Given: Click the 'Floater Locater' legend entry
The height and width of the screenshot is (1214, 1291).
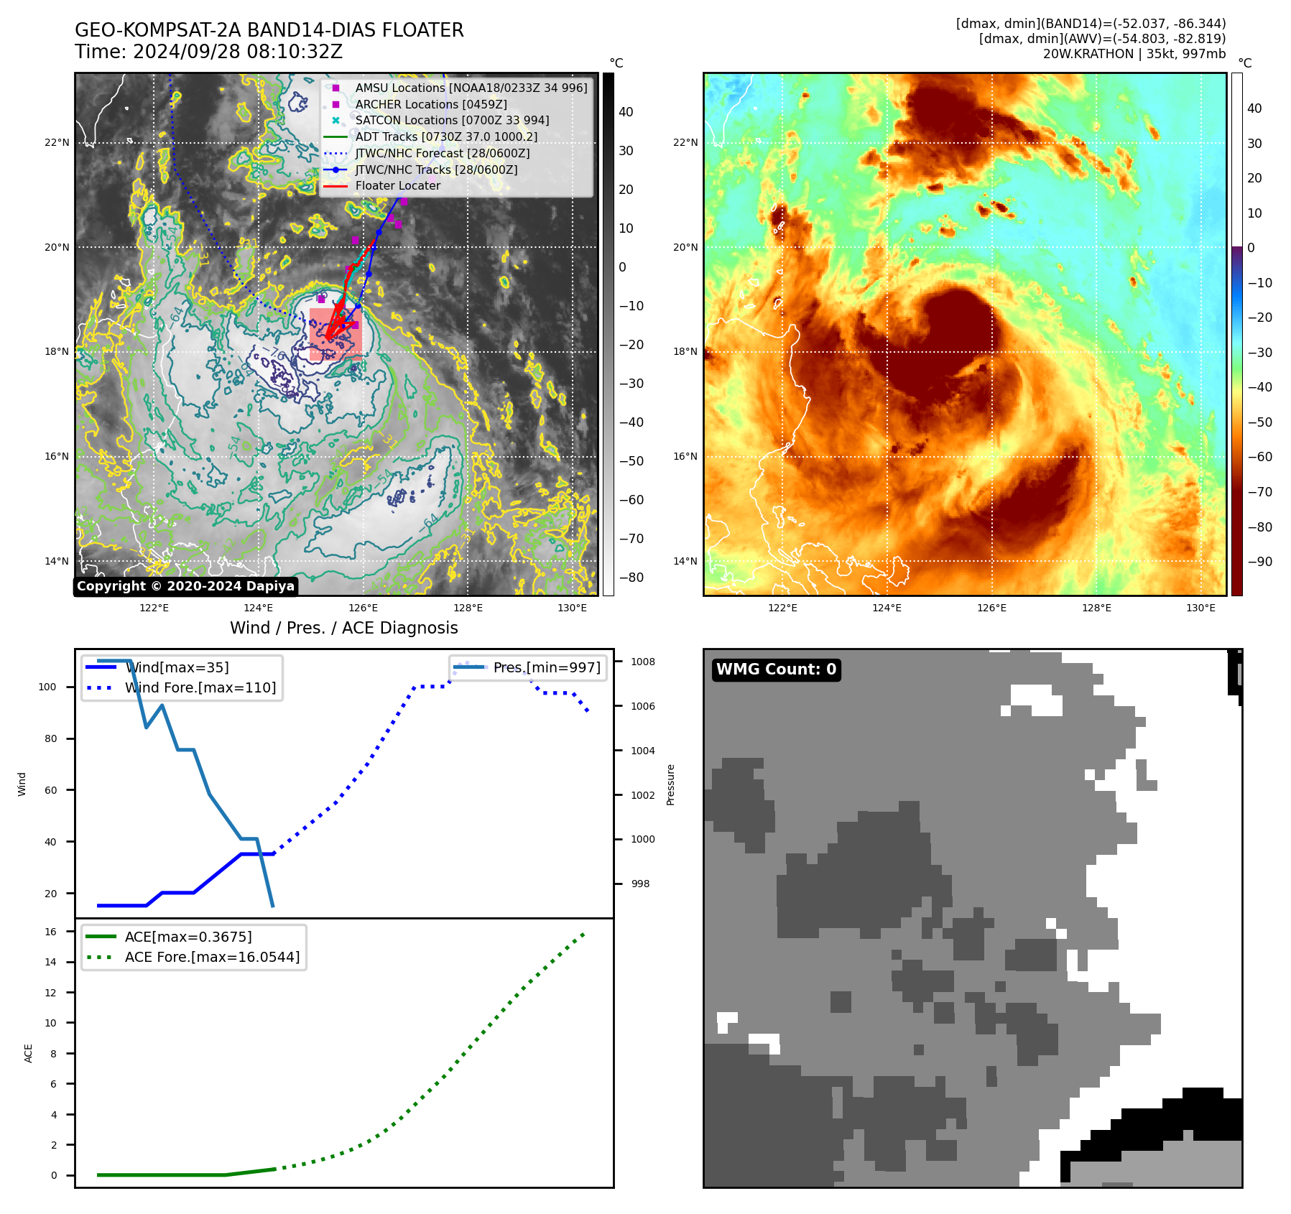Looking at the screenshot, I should tap(397, 185).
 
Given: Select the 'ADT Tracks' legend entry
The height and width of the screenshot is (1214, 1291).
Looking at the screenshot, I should tap(445, 136).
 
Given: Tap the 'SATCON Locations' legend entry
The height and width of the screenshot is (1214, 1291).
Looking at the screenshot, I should tap(452, 120).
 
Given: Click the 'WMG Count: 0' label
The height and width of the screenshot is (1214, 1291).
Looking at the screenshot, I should tap(776, 669).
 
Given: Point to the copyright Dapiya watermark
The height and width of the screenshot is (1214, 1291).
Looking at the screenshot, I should tap(185, 586).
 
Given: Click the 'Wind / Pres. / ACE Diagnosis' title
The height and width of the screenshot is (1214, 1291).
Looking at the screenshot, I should tap(343, 628).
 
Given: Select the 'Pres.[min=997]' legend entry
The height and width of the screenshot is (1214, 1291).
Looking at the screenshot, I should tap(546, 667).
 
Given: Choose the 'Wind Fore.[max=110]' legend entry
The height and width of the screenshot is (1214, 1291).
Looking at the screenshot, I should tap(200, 687).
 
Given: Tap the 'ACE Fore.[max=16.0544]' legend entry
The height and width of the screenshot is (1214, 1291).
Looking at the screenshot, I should tap(212, 957).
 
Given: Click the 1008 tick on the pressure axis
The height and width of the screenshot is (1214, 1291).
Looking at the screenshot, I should tap(643, 662).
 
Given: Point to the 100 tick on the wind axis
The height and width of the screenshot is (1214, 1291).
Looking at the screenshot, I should tap(47, 687).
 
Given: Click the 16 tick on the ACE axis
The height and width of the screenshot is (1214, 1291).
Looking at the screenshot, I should tap(51, 932).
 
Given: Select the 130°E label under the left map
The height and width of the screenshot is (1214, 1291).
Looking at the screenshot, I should tap(572, 608).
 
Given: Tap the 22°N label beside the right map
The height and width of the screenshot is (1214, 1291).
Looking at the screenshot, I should tap(685, 142).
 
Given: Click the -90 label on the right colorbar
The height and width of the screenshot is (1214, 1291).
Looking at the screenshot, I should tap(1259, 562).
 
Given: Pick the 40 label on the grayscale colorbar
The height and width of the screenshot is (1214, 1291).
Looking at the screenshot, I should tap(626, 111).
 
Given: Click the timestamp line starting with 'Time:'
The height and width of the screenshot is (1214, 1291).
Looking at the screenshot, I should tap(208, 52).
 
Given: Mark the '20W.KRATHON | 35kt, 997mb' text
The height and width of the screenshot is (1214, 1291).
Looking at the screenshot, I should tap(1134, 54).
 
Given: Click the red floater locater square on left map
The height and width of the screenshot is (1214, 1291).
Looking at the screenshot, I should tap(336, 335).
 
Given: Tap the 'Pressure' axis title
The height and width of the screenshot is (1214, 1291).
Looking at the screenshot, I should tap(670, 784).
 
